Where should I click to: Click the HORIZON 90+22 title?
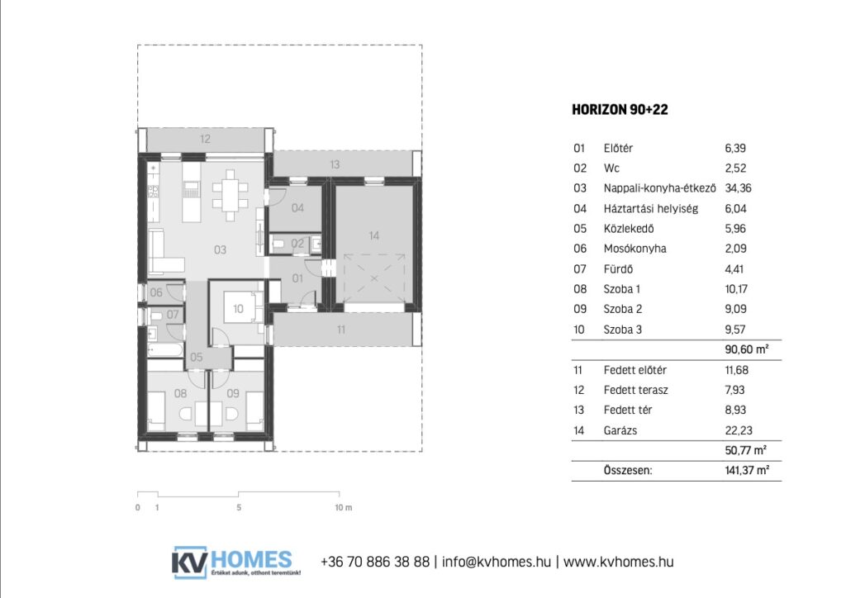(620, 110)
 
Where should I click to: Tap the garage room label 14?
(374, 235)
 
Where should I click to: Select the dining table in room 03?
(231, 195)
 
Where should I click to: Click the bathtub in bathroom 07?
(165, 350)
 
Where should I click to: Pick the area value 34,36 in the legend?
(738, 188)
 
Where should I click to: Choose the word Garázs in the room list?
(620, 430)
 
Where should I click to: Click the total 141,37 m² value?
(747, 470)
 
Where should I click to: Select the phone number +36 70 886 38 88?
(375, 562)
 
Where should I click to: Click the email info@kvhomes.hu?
(497, 562)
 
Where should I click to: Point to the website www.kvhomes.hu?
(618, 562)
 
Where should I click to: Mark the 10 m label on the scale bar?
(343, 507)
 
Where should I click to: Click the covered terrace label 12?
(205, 139)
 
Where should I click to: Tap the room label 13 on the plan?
(335, 164)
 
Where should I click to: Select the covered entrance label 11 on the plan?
(341, 330)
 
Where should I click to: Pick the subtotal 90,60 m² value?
(747, 349)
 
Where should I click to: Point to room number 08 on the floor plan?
(180, 394)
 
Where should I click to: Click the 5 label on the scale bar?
(239, 507)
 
